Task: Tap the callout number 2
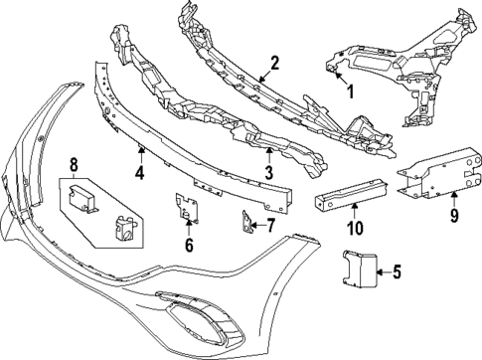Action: pyautogui.click(x=274, y=62)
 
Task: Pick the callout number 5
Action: pyautogui.click(x=397, y=270)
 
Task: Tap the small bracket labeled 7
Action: pyautogui.click(x=243, y=226)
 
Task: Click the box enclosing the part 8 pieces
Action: pyautogui.click(x=100, y=211)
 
